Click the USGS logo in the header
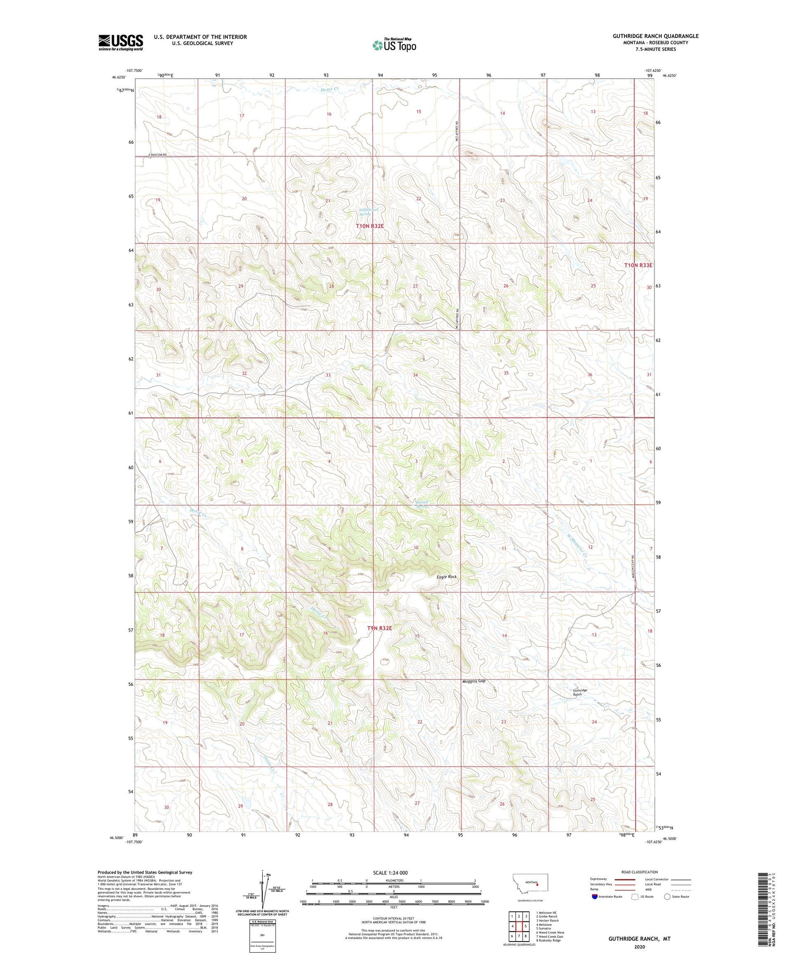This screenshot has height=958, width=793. point(121,42)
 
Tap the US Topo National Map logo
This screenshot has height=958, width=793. point(394,45)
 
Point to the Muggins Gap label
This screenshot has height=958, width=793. point(474,681)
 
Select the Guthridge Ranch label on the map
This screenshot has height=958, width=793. point(580,692)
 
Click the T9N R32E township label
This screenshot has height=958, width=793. point(380,628)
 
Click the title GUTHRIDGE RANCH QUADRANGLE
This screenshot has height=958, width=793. point(656,36)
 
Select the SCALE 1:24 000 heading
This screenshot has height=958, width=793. point(393,872)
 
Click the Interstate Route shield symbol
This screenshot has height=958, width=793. point(595,896)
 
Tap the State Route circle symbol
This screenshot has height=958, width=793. point(667,896)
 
